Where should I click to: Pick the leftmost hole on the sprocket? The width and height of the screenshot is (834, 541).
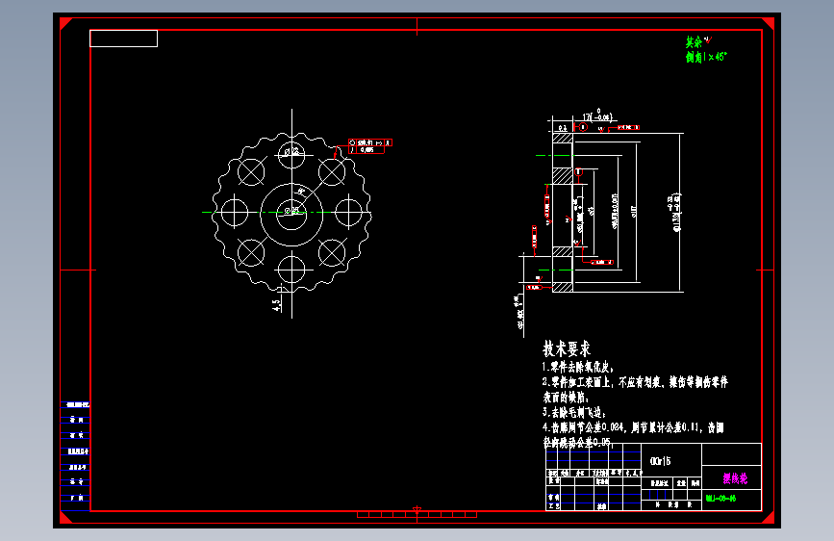click(234, 210)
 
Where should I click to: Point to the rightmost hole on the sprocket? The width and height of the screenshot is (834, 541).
click(348, 210)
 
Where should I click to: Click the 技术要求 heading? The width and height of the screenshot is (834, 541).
click(567, 348)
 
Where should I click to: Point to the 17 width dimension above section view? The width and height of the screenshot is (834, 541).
click(594, 117)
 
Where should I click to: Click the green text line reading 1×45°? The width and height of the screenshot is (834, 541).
click(706, 57)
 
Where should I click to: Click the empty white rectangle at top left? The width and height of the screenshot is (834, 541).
click(123, 39)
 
